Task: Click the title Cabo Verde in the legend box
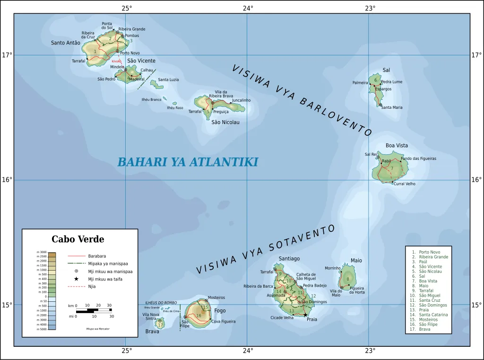point(78,239)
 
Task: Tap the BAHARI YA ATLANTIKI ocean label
point(188,162)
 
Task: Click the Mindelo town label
point(117,67)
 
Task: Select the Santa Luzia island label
point(168,80)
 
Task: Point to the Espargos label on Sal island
point(383,89)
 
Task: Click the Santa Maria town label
point(392,107)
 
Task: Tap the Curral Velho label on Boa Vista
point(404,184)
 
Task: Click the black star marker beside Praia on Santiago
point(305,315)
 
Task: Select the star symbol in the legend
point(76,279)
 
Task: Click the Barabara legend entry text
point(97,256)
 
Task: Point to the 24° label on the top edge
point(248,8)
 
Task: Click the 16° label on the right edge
point(476,180)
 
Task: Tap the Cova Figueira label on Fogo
point(223,322)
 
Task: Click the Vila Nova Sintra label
point(151,316)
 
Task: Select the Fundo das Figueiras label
point(418,158)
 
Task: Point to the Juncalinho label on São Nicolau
point(241,100)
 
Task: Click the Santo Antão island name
point(66,43)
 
